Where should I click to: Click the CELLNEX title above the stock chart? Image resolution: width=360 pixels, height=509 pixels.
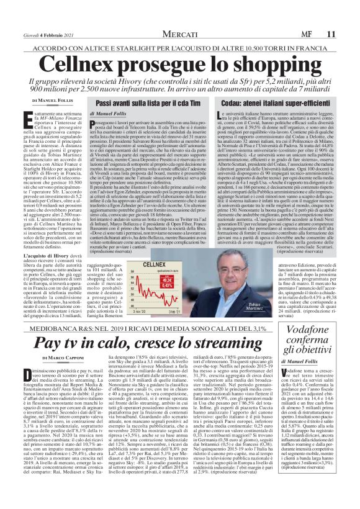pos(153,248)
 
